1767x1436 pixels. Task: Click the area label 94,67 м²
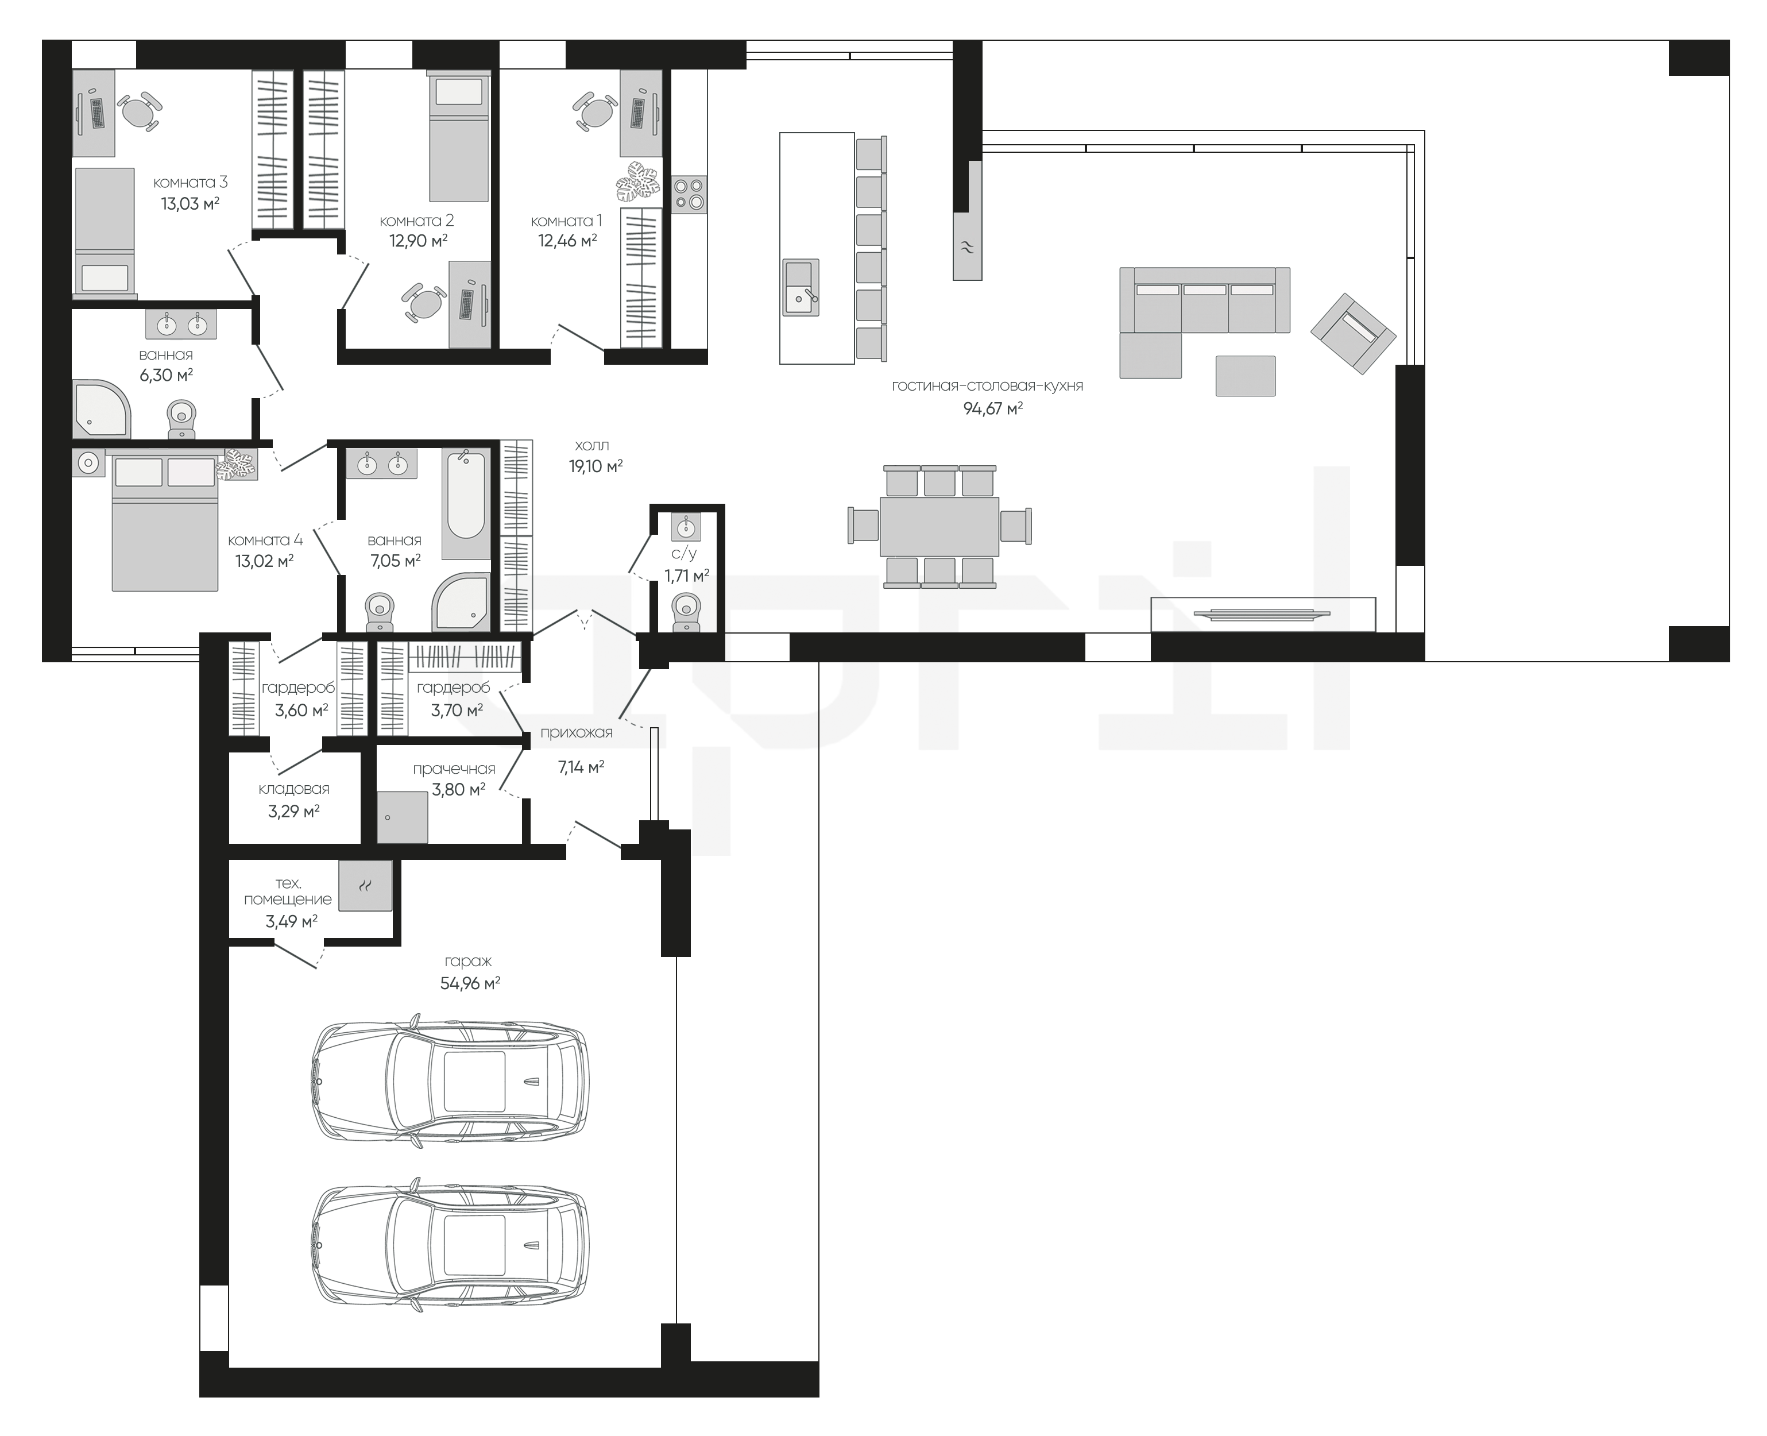coord(992,408)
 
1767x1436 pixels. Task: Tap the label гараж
coord(468,961)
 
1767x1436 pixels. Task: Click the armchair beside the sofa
coord(1354,333)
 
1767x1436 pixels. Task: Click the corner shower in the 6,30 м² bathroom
coord(101,408)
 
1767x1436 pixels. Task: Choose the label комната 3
coord(190,182)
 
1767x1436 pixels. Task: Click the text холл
coord(591,446)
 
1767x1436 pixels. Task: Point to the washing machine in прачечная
coord(403,816)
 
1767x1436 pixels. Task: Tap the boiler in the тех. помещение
coord(365,885)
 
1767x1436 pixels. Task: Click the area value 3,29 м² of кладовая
coord(293,812)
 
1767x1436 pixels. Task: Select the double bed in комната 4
coord(165,520)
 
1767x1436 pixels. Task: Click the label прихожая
coord(577,732)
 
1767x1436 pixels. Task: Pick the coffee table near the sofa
coord(1245,376)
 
